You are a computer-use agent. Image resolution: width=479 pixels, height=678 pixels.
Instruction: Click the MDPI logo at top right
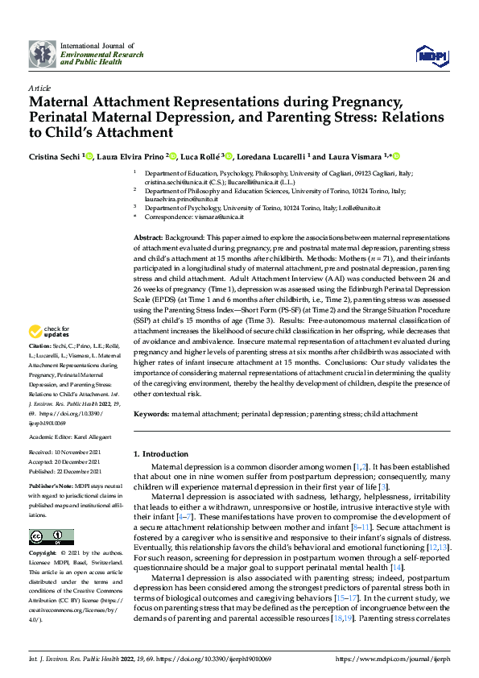(x=431, y=53)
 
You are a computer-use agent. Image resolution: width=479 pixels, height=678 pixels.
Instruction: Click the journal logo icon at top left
(x=42, y=53)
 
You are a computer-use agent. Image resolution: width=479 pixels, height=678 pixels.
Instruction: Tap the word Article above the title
(x=39, y=88)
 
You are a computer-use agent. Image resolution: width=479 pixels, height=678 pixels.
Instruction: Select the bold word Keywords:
(x=152, y=413)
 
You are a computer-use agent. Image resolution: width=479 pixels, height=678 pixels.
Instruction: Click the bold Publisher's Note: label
(x=52, y=488)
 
